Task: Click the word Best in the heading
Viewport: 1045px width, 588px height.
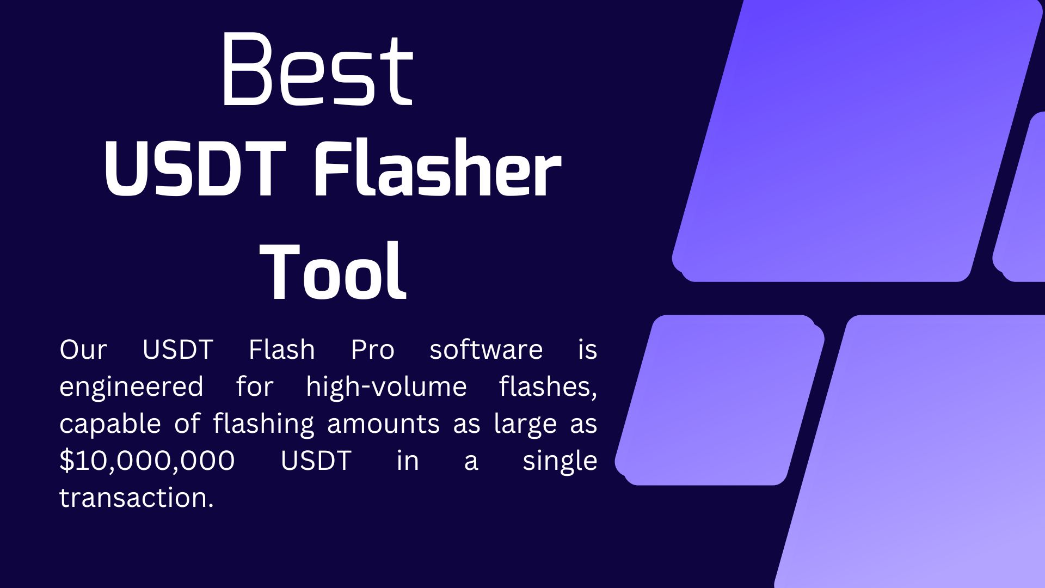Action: pyautogui.click(x=317, y=69)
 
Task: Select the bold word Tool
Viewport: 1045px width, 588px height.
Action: pyautogui.click(x=333, y=271)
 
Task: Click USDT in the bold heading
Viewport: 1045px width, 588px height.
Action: pyautogui.click(x=195, y=169)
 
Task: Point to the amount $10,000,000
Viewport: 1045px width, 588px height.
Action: pyautogui.click(x=147, y=461)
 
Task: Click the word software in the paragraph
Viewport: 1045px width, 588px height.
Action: pyautogui.click(x=486, y=349)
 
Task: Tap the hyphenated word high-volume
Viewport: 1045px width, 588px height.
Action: pyautogui.click(x=386, y=388)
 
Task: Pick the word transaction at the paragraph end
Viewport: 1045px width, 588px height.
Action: pyautogui.click(x=137, y=498)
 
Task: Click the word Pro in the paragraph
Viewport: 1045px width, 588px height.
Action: pyautogui.click(x=372, y=349)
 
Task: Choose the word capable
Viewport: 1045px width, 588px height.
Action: pyautogui.click(x=110, y=425)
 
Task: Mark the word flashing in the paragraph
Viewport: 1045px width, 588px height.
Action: pyautogui.click(x=264, y=425)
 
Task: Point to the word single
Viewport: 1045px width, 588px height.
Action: pyautogui.click(x=560, y=462)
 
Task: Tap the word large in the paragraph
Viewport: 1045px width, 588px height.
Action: pyautogui.click(x=525, y=425)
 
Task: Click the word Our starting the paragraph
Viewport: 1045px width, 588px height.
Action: pyautogui.click(x=83, y=350)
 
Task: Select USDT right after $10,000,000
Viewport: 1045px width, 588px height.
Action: pyautogui.click(x=316, y=461)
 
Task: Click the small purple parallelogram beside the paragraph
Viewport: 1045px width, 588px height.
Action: pyautogui.click(x=720, y=400)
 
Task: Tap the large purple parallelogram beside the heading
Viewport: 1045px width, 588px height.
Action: pyautogui.click(x=857, y=140)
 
